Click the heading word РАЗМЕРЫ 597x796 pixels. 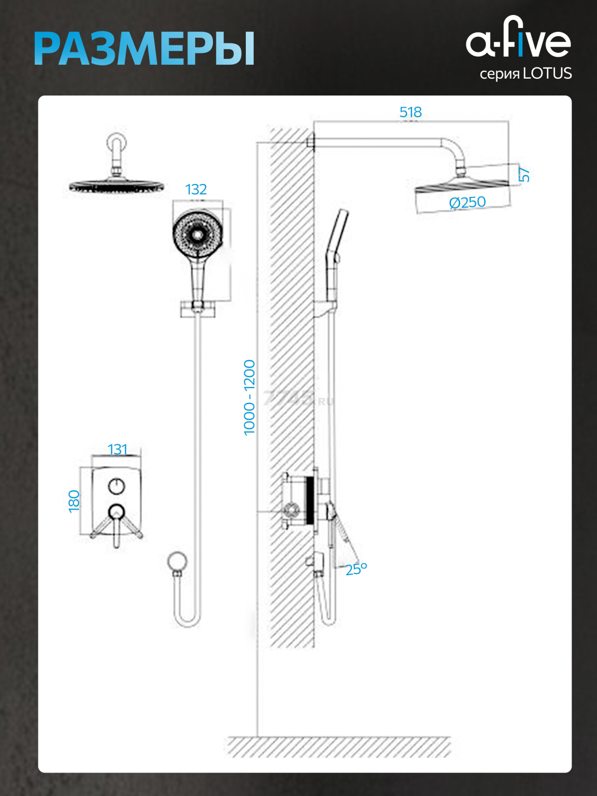(144, 49)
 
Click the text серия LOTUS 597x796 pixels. (525, 74)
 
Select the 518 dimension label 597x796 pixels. (410, 112)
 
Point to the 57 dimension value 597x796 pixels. (524, 174)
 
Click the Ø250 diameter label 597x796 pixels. (467, 202)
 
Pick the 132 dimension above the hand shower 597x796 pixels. (196, 190)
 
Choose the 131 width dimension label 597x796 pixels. (117, 449)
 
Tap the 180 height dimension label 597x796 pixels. (74, 501)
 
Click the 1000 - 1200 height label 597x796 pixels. (249, 398)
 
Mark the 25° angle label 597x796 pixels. (356, 569)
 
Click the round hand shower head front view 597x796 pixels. (197, 232)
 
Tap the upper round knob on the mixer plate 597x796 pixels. (116, 486)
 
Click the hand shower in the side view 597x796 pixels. (334, 249)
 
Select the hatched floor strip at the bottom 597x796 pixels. (339, 747)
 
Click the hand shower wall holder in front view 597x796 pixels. (198, 308)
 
